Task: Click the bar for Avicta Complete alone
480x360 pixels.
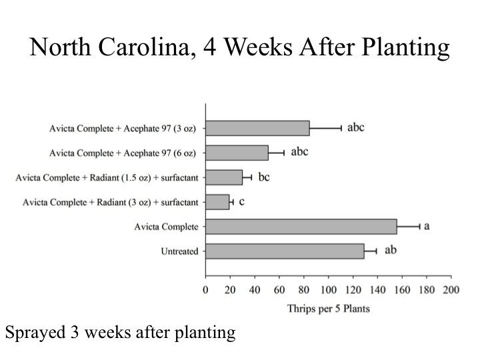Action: point(301,227)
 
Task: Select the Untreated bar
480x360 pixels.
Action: point(285,251)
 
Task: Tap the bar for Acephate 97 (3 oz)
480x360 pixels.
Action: point(257,128)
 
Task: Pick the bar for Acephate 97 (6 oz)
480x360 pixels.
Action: point(237,153)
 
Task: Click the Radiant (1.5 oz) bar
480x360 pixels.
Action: point(224,177)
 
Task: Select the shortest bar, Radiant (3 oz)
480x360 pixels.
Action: point(217,202)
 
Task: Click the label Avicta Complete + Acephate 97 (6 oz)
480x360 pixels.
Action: point(123,153)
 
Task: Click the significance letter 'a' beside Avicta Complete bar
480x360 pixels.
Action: point(427,226)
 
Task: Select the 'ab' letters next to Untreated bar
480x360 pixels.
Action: point(391,251)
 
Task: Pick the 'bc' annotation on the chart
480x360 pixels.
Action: point(265,177)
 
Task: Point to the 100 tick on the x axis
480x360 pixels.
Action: point(328,290)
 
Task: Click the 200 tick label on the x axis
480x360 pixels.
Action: point(451,290)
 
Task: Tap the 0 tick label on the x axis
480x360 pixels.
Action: point(205,290)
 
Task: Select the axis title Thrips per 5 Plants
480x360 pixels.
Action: point(328,308)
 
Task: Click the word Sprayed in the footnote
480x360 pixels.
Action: point(30,333)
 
